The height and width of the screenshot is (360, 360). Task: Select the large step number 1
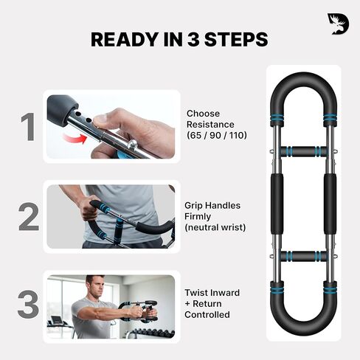click(x=27, y=127)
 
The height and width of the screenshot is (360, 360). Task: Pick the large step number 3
click(x=28, y=306)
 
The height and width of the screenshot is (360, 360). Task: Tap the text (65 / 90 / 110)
click(x=216, y=136)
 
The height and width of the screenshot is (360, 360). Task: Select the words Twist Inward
click(x=212, y=293)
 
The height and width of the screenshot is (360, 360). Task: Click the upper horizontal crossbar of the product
click(x=302, y=151)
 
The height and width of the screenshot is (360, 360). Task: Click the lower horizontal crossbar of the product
click(x=302, y=256)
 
